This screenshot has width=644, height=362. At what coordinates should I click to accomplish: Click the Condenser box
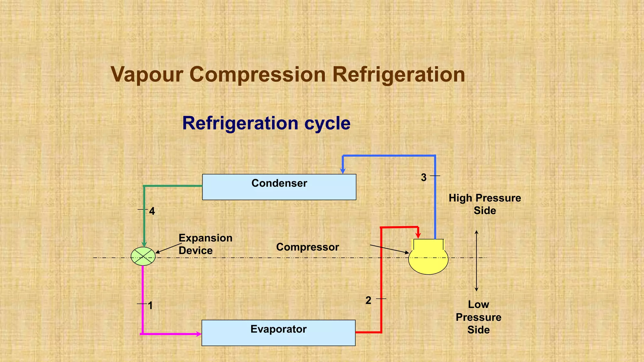279,187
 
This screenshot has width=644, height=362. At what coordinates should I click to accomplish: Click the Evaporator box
278,333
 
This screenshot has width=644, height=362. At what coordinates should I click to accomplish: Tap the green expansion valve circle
143,256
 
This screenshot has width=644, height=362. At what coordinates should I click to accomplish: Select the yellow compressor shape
428,259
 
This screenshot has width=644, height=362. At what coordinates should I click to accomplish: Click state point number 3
424,178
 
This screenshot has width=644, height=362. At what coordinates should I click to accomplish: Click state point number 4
152,211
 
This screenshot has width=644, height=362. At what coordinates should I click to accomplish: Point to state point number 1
150,305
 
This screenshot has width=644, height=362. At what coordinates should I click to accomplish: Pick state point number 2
368,300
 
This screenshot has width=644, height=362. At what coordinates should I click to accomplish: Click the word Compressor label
307,247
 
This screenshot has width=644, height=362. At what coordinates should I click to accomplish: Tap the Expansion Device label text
205,244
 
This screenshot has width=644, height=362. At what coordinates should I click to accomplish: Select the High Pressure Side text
485,204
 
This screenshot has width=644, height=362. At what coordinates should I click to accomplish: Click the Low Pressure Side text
478,317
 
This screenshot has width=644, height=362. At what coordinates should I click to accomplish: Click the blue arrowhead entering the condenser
343,171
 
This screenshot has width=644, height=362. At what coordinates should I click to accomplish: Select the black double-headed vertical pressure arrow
476,261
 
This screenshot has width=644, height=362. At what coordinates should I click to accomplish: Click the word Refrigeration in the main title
398,75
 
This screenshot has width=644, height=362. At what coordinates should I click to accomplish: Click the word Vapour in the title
147,75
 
